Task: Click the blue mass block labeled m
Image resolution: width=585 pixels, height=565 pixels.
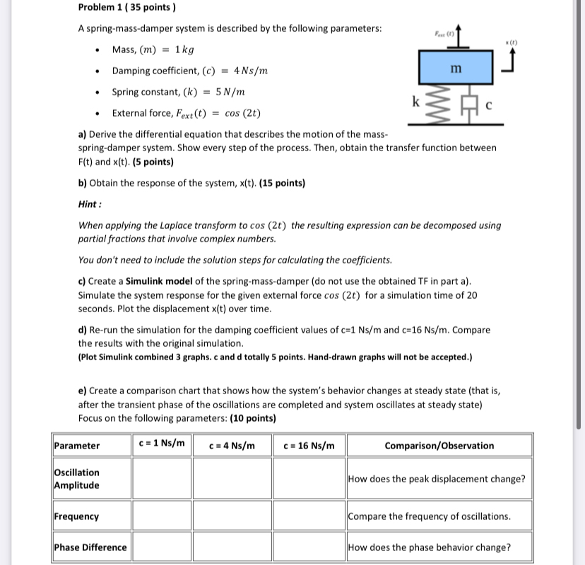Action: [456, 68]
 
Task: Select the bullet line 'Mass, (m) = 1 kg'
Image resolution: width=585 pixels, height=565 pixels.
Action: [153, 49]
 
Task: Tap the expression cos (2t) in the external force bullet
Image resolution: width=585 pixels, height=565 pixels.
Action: [243, 113]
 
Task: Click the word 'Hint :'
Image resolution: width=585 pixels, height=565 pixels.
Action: [90, 204]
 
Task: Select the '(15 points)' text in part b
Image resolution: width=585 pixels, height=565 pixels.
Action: [282, 183]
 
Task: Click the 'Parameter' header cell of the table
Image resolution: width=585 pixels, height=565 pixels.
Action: [77, 446]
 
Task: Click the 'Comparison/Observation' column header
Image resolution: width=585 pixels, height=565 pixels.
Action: [438, 446]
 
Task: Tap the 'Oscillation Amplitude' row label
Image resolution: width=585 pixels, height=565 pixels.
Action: [77, 479]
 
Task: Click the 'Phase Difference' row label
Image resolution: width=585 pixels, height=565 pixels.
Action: [90, 547]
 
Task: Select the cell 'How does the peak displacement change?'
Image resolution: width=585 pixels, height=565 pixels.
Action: [437, 479]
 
